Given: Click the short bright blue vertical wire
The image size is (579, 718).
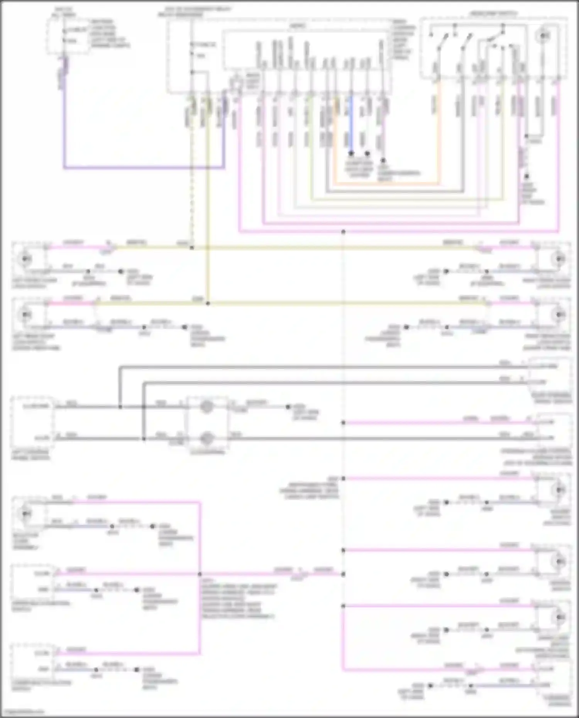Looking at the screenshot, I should click(351, 123).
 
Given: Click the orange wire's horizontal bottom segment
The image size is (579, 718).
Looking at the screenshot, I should click(386, 184).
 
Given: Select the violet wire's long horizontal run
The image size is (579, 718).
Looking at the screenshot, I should click(143, 168).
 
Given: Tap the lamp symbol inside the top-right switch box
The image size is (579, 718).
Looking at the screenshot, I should click(543, 36).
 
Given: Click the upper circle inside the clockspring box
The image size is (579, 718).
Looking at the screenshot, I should click(207, 406).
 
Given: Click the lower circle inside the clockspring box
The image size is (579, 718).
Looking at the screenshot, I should click(207, 438).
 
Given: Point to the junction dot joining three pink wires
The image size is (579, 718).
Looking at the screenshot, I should click(200, 574).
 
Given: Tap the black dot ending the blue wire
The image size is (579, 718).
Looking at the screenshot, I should click(351, 154).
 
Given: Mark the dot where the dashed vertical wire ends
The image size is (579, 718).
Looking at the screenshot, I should click(192, 248).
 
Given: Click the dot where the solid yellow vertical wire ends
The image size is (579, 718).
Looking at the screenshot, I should click(208, 304).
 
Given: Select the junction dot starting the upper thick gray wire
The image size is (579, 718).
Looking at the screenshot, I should click(120, 407).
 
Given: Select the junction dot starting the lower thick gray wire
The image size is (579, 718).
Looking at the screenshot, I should click(143, 439).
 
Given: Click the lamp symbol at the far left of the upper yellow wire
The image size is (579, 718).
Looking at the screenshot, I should click(25, 258).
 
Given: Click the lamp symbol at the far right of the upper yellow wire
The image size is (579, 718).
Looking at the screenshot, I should click(558, 258).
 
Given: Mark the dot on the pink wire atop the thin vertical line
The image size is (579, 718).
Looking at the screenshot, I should click(343, 232).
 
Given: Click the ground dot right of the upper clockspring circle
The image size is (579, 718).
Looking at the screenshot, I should click(288, 407).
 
